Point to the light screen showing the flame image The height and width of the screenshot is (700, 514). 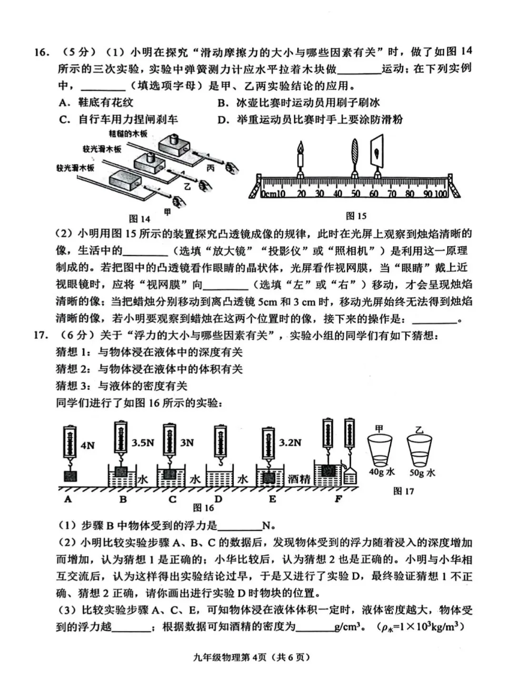pos(377,152)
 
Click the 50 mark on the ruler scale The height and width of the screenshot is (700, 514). pos(356,194)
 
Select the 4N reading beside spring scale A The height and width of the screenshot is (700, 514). pos(88,446)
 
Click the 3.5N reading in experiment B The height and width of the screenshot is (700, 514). pos(143,442)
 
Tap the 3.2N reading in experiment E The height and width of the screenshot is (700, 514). pos(290,442)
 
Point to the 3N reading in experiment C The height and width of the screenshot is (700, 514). pos(187,442)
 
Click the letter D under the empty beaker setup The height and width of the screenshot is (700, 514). pos(218,499)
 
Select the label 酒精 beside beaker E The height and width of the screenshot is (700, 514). pos(299,479)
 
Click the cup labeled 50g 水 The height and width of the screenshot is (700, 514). pos(419,452)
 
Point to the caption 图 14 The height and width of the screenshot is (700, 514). pos(139,218)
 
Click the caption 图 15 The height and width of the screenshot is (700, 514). pos(356,216)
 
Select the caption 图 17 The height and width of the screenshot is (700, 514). pos(404,491)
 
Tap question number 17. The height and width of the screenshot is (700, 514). pos(42,335)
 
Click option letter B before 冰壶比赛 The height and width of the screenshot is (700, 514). pos(221,103)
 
